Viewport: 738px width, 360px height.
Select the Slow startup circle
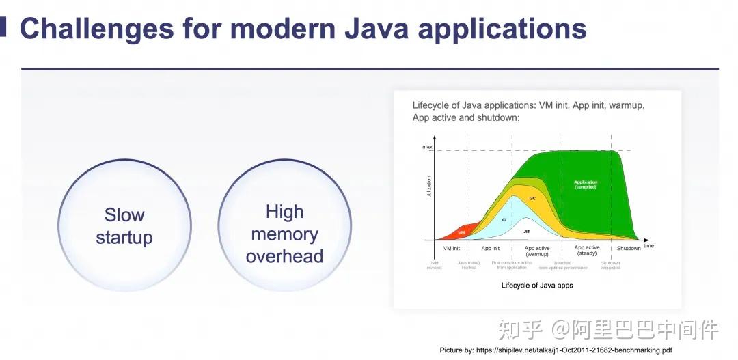pyautogui.click(x=124, y=225)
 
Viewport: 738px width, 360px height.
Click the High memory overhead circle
pyautogui.click(x=284, y=234)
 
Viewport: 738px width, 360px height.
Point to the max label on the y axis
pyautogui.click(x=427, y=148)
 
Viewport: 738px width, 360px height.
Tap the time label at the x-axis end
pyautogui.click(x=648, y=245)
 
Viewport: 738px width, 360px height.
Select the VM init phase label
pyautogui.click(x=451, y=249)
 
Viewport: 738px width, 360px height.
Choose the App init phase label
pyautogui.click(x=491, y=249)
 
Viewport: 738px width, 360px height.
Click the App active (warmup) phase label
pyautogui.click(x=537, y=251)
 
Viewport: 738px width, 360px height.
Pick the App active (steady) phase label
pyautogui.click(x=587, y=251)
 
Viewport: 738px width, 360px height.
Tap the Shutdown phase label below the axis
pyautogui.click(x=629, y=249)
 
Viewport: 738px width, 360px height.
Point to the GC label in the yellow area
pyautogui.click(x=532, y=198)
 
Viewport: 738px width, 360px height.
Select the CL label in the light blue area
pyautogui.click(x=504, y=220)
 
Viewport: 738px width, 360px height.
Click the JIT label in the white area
pyautogui.click(x=527, y=232)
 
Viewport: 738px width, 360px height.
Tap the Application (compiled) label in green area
pyautogui.click(x=586, y=184)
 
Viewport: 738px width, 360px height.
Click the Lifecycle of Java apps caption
pyautogui.click(x=537, y=285)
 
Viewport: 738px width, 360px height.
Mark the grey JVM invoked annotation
pyautogui.click(x=435, y=265)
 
